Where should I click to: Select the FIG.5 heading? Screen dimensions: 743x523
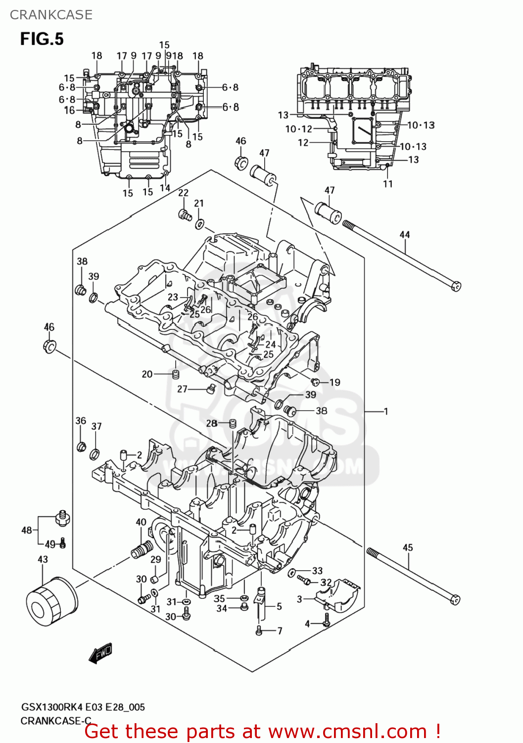(x=42, y=39)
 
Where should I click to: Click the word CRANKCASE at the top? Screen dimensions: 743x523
(x=51, y=15)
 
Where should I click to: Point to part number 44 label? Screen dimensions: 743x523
(x=405, y=234)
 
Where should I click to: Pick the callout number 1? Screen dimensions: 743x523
(x=386, y=411)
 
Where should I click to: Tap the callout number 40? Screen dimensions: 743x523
(x=141, y=522)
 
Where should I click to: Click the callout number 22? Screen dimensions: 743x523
(x=183, y=193)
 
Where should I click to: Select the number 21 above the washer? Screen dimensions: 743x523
(x=199, y=203)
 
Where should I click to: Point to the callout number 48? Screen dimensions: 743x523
(x=27, y=530)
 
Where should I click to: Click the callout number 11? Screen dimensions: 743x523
(x=388, y=184)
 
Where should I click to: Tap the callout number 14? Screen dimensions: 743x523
(x=165, y=188)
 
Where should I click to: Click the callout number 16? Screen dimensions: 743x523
(x=69, y=110)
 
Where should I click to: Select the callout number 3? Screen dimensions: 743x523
(x=299, y=599)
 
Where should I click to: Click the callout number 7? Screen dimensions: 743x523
(x=280, y=631)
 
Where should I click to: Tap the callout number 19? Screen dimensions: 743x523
(x=335, y=382)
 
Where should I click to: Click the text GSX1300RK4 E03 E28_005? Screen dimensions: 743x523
(x=83, y=707)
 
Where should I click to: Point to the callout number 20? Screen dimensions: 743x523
(x=147, y=374)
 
